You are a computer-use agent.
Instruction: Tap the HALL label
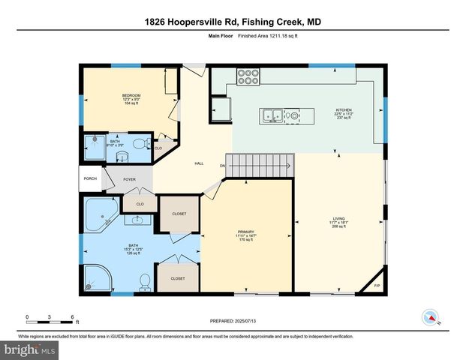(x=199, y=163)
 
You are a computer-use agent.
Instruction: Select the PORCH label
(x=89, y=178)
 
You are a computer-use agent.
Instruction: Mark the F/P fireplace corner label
(x=376, y=286)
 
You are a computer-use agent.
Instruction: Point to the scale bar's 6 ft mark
(x=71, y=317)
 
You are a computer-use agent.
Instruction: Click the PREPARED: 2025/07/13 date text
(x=233, y=321)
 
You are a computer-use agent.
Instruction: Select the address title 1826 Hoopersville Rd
(x=233, y=22)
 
